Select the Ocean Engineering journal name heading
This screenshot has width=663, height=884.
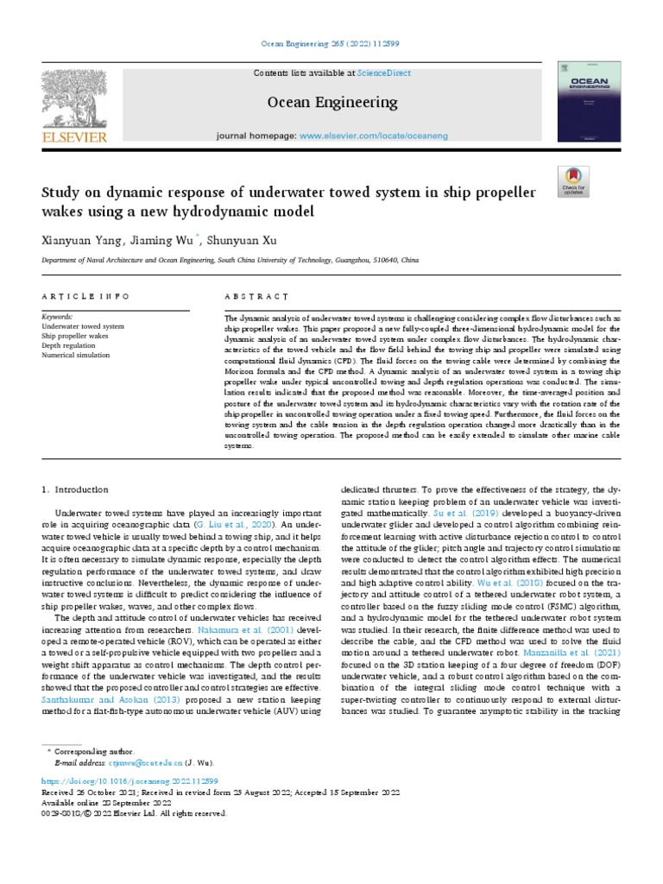tap(332, 103)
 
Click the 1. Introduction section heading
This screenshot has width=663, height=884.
tap(76, 489)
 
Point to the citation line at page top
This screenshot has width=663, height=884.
tap(331, 42)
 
